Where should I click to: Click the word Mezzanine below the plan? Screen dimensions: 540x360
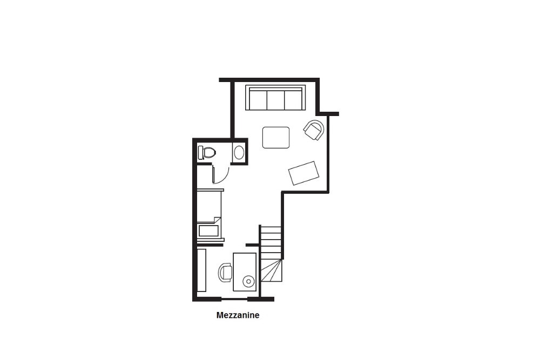[x=238, y=315]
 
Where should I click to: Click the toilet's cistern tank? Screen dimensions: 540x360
[x=201, y=152]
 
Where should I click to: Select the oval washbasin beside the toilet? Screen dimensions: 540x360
[x=239, y=152]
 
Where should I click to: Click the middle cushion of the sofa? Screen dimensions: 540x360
[x=275, y=100]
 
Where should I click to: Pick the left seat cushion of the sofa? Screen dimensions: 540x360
[x=258, y=100]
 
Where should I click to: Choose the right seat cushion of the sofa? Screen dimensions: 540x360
[x=293, y=100]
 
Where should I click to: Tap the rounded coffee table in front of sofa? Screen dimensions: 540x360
[x=276, y=137]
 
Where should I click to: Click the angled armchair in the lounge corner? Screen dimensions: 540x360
[x=314, y=130]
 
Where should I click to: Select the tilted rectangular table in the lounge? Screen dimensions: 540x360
[x=303, y=173]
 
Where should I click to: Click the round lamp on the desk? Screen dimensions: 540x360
[x=248, y=282]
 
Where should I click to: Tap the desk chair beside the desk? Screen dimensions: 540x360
[x=225, y=273]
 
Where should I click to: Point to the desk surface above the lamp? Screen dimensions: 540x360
[x=245, y=264]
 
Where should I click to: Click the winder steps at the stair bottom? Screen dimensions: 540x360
[x=272, y=270]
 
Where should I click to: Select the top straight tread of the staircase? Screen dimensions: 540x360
[x=272, y=230]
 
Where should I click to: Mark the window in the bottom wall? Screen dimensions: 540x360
[x=234, y=298]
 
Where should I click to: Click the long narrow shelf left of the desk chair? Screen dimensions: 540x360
[x=201, y=270]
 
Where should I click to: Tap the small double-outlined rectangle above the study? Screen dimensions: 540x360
[x=208, y=231]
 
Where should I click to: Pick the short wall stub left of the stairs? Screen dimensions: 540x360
[x=253, y=245]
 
